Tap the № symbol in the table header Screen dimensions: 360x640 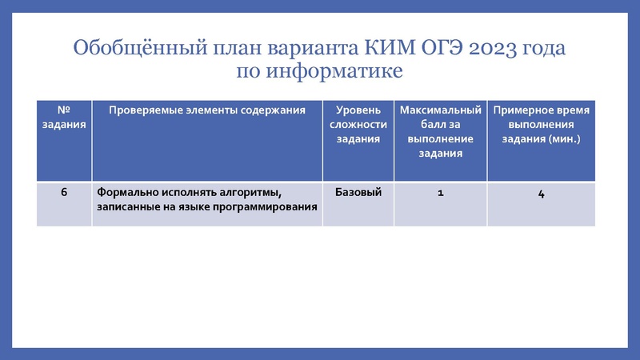click(64, 110)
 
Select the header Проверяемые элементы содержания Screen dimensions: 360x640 click(207, 110)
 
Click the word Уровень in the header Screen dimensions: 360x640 click(358, 110)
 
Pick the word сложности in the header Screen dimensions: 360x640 click(358, 124)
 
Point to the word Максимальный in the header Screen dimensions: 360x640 click(441, 110)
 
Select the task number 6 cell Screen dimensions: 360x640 click(64, 192)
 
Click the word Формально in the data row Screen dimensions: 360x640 click(126, 192)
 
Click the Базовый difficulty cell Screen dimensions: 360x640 click(358, 192)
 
